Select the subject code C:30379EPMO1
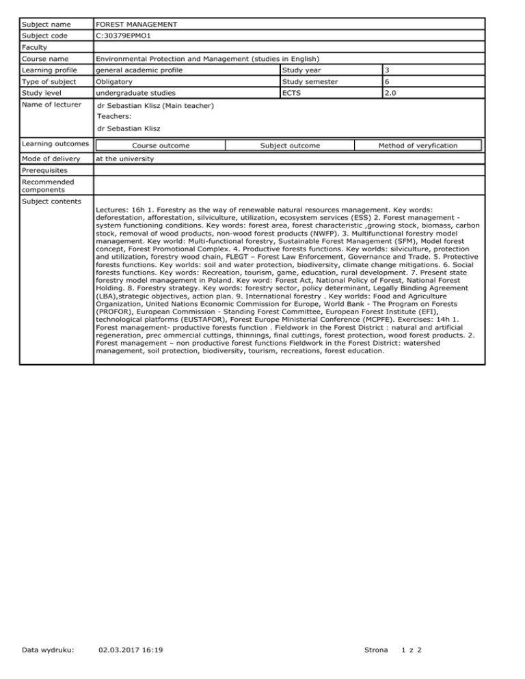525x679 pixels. [x=127, y=39]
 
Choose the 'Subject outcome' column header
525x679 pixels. [x=290, y=145]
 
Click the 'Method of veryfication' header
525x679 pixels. [x=418, y=145]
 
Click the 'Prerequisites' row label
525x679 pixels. [x=44, y=171]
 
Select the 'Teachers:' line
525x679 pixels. [x=118, y=117]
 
